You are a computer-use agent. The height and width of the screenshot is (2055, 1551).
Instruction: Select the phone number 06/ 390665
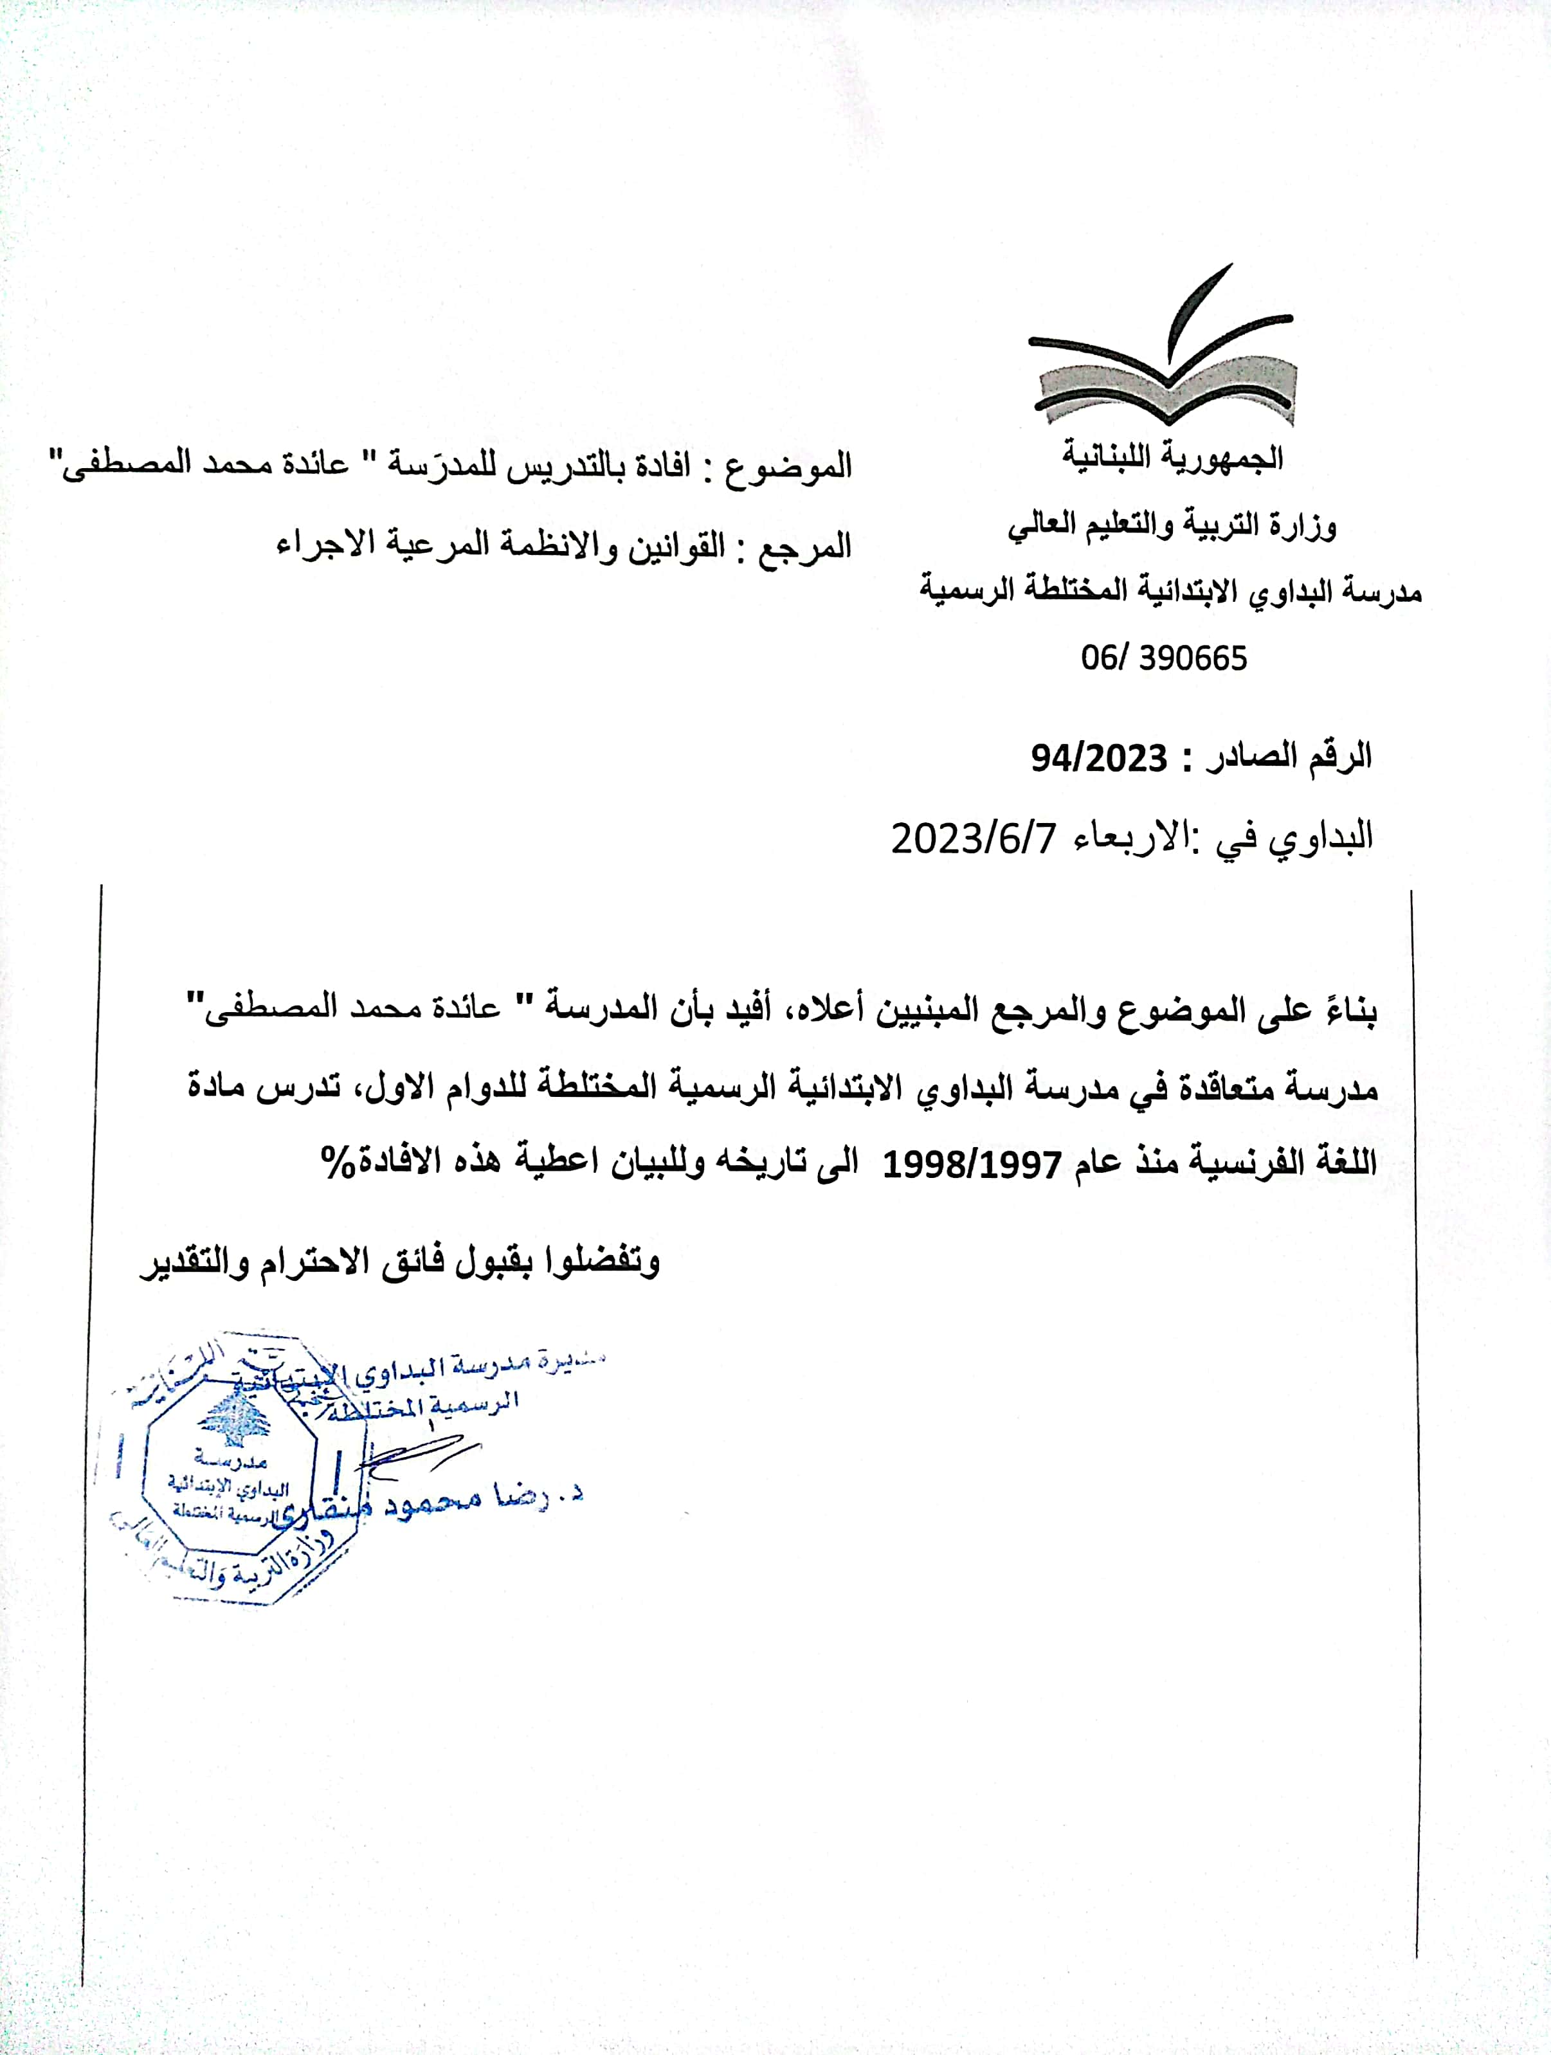[x=1163, y=658]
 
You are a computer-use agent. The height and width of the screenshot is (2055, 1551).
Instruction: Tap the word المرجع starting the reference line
[x=805, y=547]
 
